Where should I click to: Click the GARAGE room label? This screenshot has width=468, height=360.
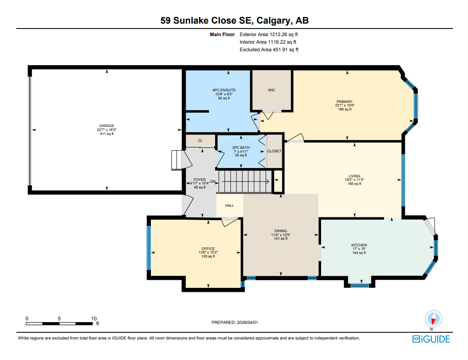click(106, 126)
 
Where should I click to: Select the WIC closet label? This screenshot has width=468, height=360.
click(271, 90)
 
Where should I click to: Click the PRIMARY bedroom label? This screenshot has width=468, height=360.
click(344, 102)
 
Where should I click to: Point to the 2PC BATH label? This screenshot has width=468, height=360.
click(240, 147)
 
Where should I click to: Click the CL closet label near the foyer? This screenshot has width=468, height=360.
click(200, 140)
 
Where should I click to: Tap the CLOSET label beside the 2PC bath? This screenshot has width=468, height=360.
click(274, 151)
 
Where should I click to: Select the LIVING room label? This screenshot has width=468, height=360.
click(354, 176)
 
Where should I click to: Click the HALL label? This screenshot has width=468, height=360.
click(229, 205)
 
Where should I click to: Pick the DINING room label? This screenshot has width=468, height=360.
click(281, 231)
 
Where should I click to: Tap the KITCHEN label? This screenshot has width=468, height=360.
click(359, 245)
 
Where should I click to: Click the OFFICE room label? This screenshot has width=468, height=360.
click(208, 249)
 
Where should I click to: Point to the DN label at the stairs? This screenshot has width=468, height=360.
click(213, 181)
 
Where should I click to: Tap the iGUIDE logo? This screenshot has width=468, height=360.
click(431, 339)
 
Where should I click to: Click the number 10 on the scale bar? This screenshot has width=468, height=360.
click(94, 319)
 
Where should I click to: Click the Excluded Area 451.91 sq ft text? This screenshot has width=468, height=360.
click(269, 50)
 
